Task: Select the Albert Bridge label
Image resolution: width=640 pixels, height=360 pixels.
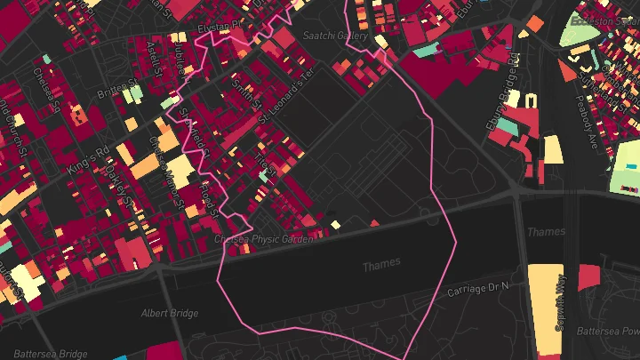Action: (x=169, y=313)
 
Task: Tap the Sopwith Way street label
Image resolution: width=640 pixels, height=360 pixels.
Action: (x=561, y=302)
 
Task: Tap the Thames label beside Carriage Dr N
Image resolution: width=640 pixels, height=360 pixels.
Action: (x=381, y=264)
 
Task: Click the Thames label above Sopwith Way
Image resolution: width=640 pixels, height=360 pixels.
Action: (x=545, y=232)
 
